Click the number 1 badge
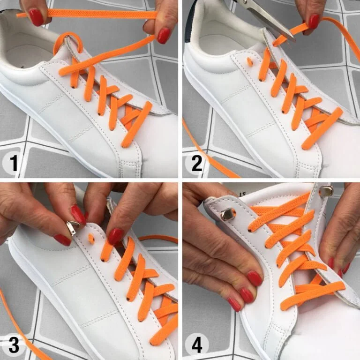point(14,163)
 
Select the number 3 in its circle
point(14,345)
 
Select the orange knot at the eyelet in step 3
point(91,239)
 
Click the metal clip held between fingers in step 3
point(72,228)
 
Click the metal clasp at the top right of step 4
point(326,190)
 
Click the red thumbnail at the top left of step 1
point(36,17)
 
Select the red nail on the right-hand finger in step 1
point(164,36)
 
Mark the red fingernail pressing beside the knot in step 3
point(116,236)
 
